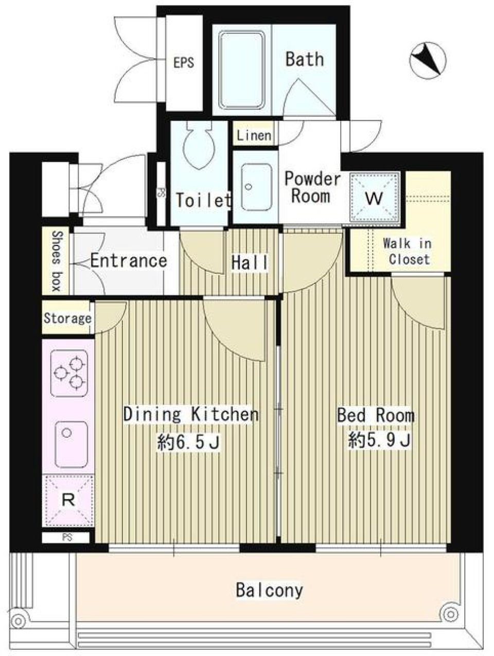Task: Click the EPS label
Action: coord(184,62)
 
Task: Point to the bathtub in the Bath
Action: coord(242,70)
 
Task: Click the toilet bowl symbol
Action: coord(199,145)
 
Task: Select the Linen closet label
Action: coord(254,136)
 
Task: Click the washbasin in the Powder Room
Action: coord(256,187)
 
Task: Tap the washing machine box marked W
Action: coord(375,198)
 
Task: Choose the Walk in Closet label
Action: coord(408,252)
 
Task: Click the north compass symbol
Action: coord(427,60)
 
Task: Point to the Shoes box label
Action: coord(57,261)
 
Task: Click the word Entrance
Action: coord(129,261)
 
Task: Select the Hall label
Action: coord(250,263)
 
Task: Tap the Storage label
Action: coord(67,318)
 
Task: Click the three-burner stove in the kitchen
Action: coord(69,373)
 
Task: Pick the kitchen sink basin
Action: coord(72,444)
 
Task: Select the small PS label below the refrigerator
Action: coord(67,537)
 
